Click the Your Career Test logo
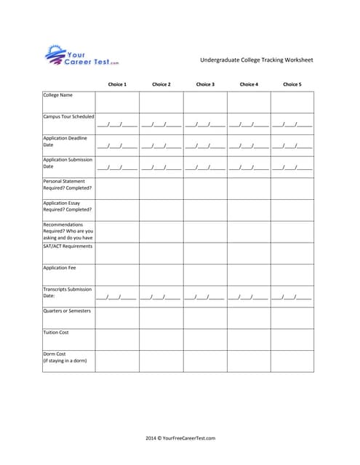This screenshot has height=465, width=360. [81, 56]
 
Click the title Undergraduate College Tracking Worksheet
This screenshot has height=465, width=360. [256, 60]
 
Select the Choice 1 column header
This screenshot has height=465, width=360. [117, 84]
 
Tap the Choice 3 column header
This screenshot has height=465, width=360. [205, 84]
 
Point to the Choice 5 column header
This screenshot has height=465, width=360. [292, 84]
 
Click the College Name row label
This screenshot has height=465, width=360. [57, 95]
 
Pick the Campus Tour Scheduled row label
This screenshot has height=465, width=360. [68, 116]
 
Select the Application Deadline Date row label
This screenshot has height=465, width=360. [65, 141]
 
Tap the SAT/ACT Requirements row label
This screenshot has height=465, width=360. [68, 246]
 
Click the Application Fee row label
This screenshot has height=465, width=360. [59, 267]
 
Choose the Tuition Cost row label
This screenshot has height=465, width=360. [56, 332]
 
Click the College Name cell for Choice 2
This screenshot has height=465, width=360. [161, 102]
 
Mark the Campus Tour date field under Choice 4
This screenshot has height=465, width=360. [248, 125]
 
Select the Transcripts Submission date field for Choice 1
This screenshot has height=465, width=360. [117, 297]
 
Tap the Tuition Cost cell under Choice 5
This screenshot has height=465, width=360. [292, 339]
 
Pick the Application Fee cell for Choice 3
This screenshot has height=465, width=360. [205, 275]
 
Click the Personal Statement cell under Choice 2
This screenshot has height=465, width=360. [161, 188]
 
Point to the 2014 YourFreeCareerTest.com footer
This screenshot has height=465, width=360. [180, 438]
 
